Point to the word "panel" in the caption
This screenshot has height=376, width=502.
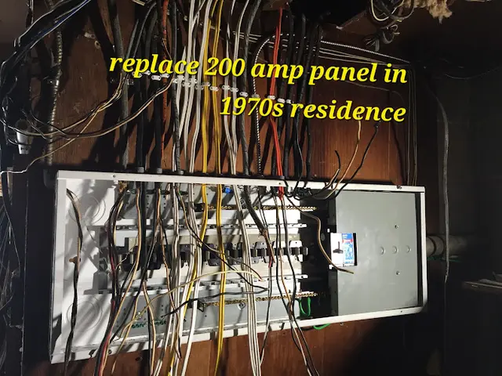(x=341, y=73)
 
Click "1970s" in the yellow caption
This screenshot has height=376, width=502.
(x=252, y=108)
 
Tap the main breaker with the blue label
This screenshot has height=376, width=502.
(x=344, y=249)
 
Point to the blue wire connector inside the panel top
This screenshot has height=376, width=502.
(x=228, y=191)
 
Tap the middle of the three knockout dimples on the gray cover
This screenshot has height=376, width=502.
(x=395, y=250)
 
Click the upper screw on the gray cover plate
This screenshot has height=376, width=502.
(x=396, y=226)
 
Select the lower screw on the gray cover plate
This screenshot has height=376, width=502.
(x=398, y=273)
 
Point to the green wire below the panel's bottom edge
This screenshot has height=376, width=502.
(x=322, y=327)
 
